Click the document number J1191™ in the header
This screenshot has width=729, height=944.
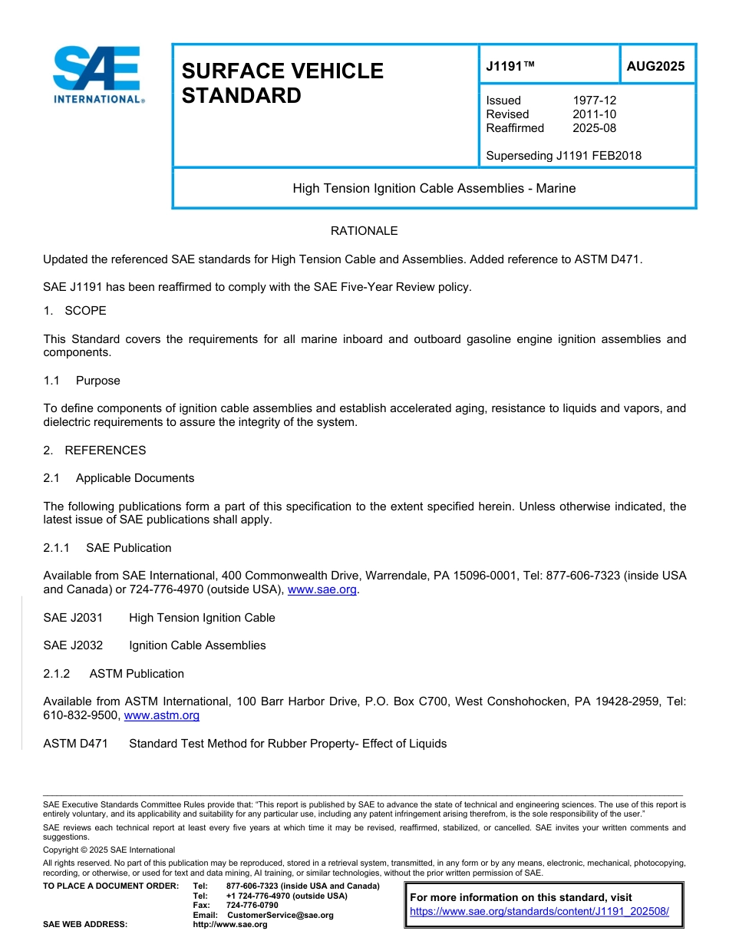(510, 67)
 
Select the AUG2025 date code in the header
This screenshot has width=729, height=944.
(655, 67)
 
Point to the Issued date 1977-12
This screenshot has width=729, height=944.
(594, 101)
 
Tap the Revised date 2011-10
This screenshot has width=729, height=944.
(594, 114)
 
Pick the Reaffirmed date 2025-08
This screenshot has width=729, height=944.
(594, 128)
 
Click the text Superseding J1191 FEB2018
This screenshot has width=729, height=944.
(563, 156)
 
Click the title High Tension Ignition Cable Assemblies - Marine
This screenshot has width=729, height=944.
(434, 188)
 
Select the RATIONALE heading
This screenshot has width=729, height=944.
(364, 231)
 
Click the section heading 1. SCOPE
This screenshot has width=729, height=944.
(75, 311)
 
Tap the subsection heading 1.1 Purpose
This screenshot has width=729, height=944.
(82, 381)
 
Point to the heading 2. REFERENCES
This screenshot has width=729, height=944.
(94, 451)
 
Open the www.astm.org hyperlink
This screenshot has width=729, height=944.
(161, 715)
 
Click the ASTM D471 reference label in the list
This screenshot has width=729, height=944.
(75, 744)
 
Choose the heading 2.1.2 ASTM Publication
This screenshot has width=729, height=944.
(114, 674)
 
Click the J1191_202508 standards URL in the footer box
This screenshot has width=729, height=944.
(539, 912)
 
